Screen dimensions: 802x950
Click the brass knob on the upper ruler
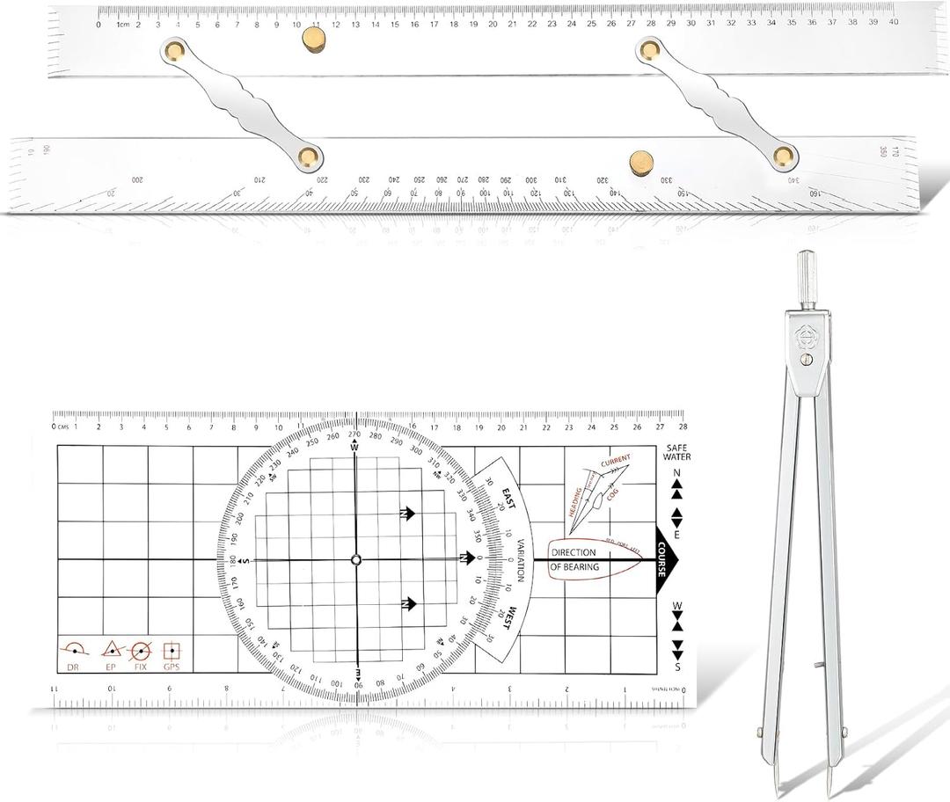pyautogui.click(x=312, y=39)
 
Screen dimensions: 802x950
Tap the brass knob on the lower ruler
pyautogui.click(x=641, y=162)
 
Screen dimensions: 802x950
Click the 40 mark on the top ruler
pyautogui.click(x=893, y=24)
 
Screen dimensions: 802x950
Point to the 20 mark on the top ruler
pyautogui.click(x=493, y=24)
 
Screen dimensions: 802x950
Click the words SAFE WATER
pyautogui.click(x=677, y=452)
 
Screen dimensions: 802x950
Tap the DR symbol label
pyautogui.click(x=73, y=666)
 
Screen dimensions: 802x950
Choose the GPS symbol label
pyautogui.click(x=172, y=666)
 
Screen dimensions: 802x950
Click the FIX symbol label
pyautogui.click(x=140, y=666)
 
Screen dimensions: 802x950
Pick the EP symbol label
pyautogui.click(x=111, y=666)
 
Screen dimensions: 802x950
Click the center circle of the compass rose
pyautogui.click(x=355, y=559)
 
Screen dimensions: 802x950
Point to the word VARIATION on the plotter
pyautogui.click(x=520, y=559)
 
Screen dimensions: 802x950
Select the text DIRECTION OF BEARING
pyautogui.click(x=574, y=559)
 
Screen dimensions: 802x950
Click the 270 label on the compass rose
pyautogui.click(x=354, y=434)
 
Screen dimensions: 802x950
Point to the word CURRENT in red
pyautogui.click(x=615, y=462)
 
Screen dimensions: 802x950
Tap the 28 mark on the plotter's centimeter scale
pyautogui.click(x=683, y=427)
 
